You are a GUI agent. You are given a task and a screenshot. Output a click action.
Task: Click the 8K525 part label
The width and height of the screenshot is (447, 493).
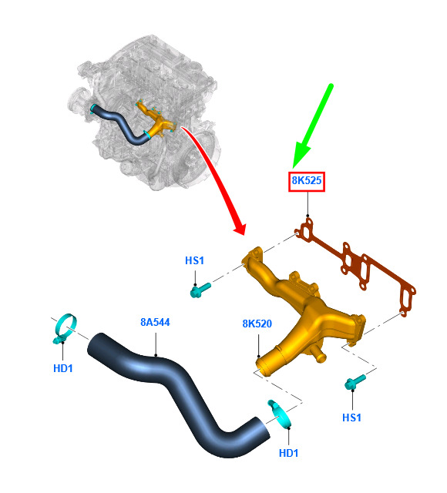coord(307,181)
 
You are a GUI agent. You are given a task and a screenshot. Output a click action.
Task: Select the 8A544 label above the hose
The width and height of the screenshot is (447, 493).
coord(155,322)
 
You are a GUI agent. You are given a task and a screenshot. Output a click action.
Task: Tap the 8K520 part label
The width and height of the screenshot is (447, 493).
coord(257,324)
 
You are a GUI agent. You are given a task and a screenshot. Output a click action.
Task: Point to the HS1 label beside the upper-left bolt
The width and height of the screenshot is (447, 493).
coord(194,260)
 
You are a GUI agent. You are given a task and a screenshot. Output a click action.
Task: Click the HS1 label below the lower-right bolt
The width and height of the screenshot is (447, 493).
coord(351,418)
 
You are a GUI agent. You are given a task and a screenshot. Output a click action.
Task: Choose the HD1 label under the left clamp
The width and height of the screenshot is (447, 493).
coord(63,368)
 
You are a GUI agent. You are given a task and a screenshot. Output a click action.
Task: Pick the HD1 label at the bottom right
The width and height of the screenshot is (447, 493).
coord(288,453)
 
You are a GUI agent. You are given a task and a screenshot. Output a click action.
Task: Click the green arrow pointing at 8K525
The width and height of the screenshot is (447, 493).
coord(312,126)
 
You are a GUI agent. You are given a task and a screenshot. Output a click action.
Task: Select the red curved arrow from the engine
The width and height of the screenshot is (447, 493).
coord(217,176)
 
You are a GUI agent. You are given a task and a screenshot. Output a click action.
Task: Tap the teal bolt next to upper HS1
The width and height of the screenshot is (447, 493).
coord(200,290)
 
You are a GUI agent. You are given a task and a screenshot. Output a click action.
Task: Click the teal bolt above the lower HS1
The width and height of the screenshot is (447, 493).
coord(355,382)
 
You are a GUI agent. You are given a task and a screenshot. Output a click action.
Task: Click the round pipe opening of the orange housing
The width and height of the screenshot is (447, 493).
coord(264,367)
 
